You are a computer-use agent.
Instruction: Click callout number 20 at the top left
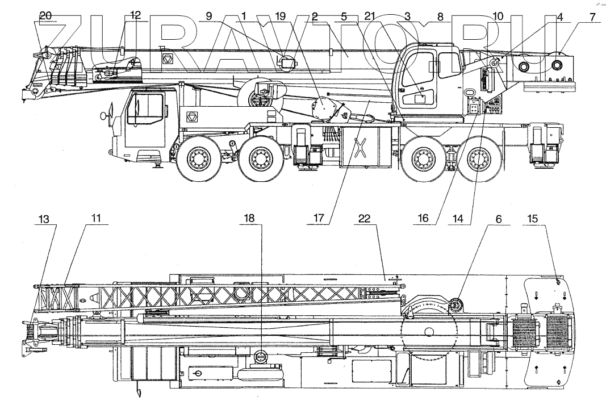45,16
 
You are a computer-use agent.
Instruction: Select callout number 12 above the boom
135,16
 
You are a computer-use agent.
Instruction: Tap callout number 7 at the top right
592,17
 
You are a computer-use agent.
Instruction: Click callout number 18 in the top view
250,218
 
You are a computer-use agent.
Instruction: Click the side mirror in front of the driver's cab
104,116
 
